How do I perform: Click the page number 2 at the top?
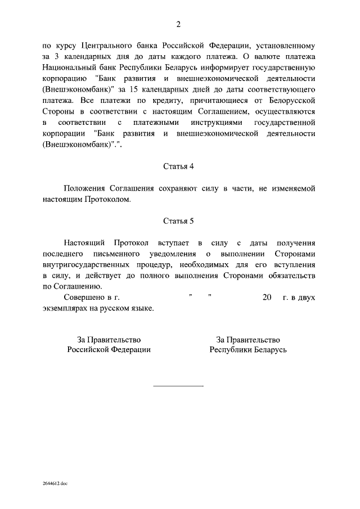[178, 24]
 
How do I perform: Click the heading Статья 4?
[178, 166]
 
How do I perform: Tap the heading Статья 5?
[178, 222]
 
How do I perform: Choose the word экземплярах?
[64, 309]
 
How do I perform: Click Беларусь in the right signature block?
[269, 349]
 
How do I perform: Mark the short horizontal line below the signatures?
[178, 386]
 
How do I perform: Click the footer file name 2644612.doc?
[54, 483]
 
